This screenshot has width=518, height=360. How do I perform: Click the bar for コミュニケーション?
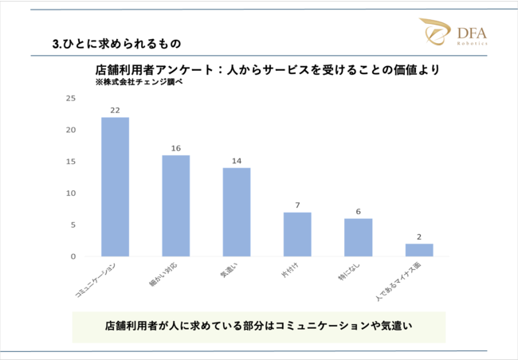click(115, 187)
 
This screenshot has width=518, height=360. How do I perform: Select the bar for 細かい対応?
click(175, 205)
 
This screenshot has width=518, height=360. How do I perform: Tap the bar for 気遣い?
click(236, 212)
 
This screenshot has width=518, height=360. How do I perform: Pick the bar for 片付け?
click(297, 234)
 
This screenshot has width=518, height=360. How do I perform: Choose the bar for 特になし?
click(358, 237)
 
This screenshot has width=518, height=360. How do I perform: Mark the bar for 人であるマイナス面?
click(419, 250)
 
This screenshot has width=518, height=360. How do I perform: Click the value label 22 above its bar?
click(115, 111)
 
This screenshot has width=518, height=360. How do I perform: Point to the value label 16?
click(175, 148)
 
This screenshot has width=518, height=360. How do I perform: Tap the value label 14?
click(236, 161)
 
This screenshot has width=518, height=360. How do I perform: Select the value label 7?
click(297, 205)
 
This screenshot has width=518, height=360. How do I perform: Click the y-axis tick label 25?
click(71, 98)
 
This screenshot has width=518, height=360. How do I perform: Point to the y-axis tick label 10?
click(71, 194)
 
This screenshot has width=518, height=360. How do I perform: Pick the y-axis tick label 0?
click(73, 256)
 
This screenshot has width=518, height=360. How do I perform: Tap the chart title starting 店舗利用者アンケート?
click(267, 70)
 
